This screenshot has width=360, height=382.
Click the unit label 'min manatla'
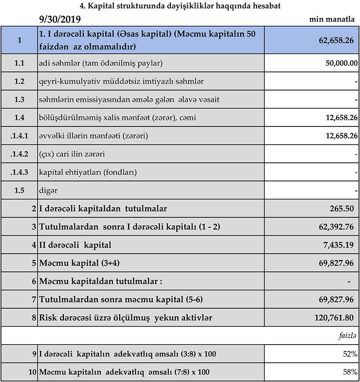click(333, 20)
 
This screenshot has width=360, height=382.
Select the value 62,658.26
click(334, 40)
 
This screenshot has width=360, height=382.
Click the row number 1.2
click(19, 81)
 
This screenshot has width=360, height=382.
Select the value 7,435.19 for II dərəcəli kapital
click(337, 245)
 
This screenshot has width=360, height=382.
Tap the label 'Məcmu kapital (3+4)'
click(80, 263)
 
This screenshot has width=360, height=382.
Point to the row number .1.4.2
click(19, 154)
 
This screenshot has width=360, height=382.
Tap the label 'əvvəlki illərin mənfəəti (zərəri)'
click(94, 136)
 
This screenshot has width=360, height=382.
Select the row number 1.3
click(19, 99)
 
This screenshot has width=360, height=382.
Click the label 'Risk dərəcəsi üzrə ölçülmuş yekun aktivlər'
click(126, 318)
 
